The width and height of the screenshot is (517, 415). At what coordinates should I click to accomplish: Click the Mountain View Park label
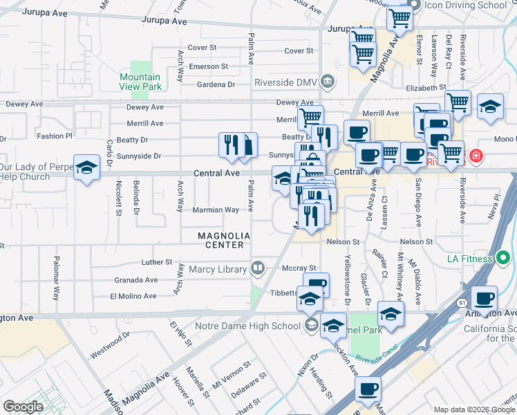pos(140,82)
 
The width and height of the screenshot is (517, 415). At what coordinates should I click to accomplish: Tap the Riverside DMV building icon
pos(327,81)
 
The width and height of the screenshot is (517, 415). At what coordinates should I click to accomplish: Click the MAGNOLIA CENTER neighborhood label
pos(220,240)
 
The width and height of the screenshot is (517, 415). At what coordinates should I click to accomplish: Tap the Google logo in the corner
pos(22,407)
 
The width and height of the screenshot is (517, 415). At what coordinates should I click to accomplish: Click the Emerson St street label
pos(209,66)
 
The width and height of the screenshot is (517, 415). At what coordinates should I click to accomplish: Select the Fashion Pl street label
pos(55,136)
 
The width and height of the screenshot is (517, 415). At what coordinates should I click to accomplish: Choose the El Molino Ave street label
pos(133,296)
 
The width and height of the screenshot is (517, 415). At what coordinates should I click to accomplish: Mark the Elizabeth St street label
pos(426,89)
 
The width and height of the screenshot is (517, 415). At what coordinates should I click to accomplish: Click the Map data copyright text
pos(473,409)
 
